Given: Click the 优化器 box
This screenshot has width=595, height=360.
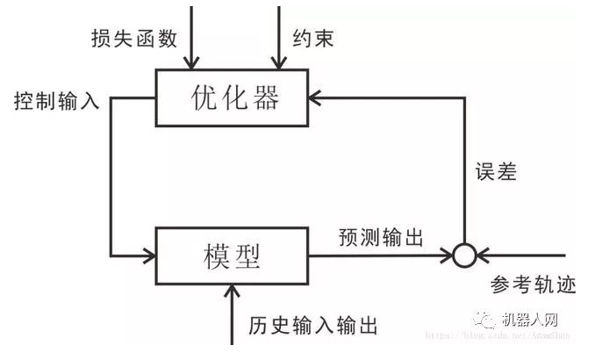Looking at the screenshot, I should coord(233,97).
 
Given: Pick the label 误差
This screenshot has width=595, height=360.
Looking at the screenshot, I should coord(495,171).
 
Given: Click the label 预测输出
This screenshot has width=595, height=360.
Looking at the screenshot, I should coord(381,237).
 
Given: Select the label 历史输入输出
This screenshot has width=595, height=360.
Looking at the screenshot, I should coord(313,326).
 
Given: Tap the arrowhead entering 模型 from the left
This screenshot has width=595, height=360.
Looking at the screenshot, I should coord(149,255).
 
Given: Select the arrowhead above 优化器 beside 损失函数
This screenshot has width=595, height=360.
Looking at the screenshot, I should coord(190,62).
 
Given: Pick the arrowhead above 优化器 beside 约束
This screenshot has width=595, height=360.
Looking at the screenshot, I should coord(278,62).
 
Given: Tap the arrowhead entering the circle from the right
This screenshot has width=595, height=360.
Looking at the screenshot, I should coord(482,255).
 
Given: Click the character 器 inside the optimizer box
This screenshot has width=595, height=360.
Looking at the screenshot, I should coord(265,97).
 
